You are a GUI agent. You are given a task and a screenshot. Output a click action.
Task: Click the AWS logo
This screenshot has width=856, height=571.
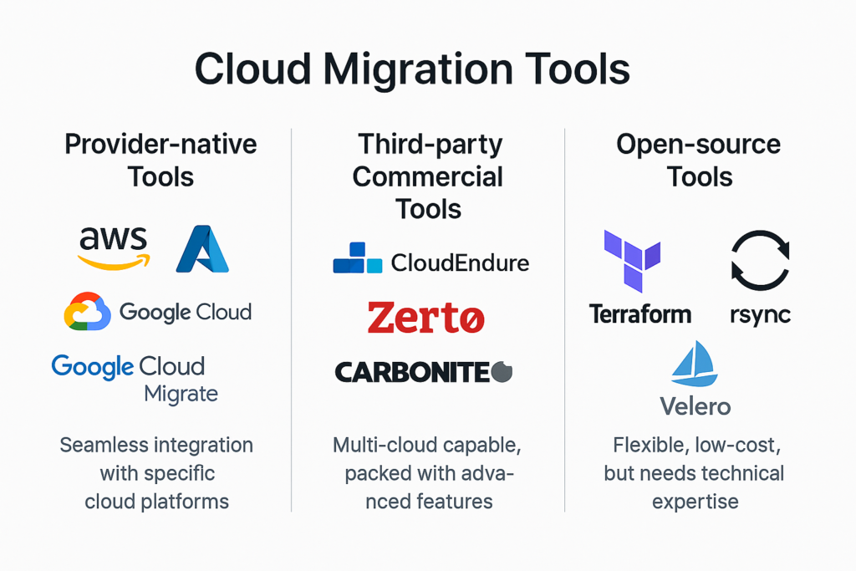click(114, 248)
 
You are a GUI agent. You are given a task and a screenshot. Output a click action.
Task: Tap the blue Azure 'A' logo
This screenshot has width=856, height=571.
click(202, 249)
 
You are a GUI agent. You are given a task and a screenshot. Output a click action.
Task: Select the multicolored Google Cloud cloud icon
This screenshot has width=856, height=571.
click(87, 311)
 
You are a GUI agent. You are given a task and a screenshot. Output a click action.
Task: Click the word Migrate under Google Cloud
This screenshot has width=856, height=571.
click(181, 394)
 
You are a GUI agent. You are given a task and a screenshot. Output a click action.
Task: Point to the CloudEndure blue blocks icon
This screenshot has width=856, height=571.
click(358, 257)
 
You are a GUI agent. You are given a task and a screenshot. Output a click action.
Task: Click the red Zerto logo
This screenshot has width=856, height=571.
click(425, 317)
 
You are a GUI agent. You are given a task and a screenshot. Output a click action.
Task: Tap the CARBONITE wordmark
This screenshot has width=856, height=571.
click(424, 372)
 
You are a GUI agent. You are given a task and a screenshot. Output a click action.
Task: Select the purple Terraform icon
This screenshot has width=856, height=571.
click(632, 261)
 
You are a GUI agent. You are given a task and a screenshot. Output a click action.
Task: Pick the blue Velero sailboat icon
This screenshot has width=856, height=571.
click(695, 365)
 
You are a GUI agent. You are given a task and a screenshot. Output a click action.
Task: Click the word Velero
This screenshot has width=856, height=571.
click(695, 406)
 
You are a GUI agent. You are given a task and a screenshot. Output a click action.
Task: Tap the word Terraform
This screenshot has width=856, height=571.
click(640, 314)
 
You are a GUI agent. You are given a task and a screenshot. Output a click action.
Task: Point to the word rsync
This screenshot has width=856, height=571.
click(760, 315)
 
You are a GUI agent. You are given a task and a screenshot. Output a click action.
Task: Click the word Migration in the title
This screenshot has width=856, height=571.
click(418, 69)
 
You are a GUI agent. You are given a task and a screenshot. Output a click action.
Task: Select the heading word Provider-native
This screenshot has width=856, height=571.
click(160, 145)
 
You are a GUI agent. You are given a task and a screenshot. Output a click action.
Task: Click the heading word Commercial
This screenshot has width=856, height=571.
click(428, 177)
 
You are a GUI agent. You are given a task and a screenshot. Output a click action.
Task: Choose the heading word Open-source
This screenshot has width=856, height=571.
click(698, 145)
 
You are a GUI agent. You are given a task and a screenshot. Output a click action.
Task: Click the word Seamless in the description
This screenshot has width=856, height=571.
click(103, 445)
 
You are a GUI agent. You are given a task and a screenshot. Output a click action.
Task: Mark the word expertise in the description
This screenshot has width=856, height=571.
click(695, 502)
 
